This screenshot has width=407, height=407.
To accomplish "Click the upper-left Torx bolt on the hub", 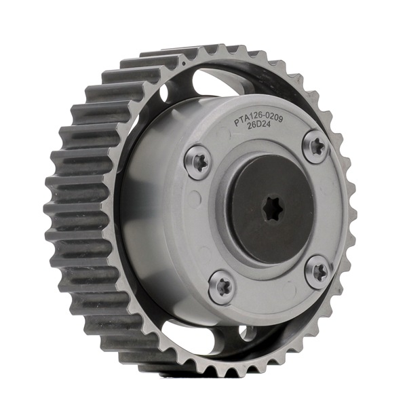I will [197, 163].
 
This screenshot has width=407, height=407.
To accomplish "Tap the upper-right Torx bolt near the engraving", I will [315, 146].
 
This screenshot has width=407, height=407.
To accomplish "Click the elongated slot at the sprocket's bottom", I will [197, 334].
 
